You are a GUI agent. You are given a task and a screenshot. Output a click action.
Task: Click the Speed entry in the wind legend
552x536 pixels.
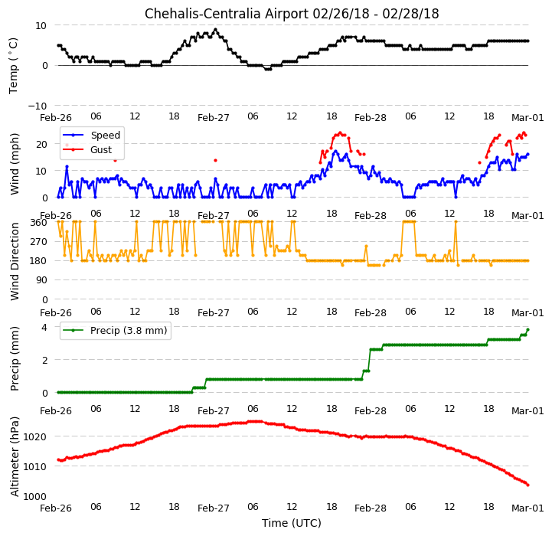[105, 136]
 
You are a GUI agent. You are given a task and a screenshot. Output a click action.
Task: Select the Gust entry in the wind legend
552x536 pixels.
[101, 149]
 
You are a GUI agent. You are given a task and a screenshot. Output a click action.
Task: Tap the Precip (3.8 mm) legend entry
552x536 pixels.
[129, 330]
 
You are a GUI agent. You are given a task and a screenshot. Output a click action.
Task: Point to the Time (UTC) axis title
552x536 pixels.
[292, 523]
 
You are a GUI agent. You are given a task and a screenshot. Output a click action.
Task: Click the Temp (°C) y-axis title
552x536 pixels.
[13, 66]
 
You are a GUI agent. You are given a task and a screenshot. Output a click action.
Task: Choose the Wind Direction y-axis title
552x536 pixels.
[15, 261]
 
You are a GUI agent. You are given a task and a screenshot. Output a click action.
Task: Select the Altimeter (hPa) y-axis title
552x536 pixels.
[15, 457]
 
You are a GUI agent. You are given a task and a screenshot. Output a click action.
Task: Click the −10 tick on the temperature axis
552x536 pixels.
[38, 106]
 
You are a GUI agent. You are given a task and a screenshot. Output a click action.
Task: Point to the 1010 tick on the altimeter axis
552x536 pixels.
[35, 466]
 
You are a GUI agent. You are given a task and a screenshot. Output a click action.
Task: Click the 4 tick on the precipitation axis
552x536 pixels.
[44, 327]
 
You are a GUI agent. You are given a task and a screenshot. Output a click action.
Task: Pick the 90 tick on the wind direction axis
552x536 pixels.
[42, 280]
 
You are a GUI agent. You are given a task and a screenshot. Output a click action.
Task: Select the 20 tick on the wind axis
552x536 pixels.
[41, 144]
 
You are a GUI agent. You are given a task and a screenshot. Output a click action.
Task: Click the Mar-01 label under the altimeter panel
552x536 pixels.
[528, 508]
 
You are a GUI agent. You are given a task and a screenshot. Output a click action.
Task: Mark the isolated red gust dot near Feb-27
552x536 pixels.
[215, 161]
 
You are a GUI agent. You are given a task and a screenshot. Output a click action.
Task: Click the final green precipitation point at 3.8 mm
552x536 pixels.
[528, 329]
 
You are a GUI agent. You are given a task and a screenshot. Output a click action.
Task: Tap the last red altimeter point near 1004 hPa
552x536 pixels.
[528, 485]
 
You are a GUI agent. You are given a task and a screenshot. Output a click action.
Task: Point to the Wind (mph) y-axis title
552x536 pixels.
[15, 164]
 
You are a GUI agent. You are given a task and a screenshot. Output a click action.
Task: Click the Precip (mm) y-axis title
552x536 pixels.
[15, 359]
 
